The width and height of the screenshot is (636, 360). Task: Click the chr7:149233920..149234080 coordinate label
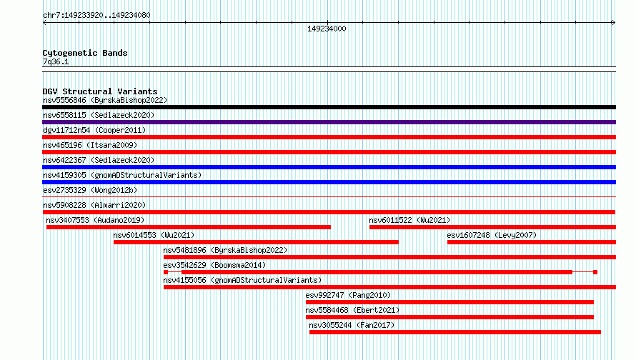point(96,15)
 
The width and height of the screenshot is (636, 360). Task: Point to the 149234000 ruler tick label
point(327,29)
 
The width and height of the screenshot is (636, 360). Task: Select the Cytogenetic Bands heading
point(85,53)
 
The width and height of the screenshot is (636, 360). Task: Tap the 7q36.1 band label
point(56,61)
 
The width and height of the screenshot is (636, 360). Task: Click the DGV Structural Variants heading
point(100,91)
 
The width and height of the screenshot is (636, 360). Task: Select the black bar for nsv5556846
point(329,107)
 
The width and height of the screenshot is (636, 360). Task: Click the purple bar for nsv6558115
point(329,122)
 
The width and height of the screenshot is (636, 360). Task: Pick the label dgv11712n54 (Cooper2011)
point(94,130)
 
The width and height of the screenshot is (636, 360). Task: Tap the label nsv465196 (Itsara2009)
point(90,145)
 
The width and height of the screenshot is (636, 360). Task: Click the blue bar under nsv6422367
point(329,167)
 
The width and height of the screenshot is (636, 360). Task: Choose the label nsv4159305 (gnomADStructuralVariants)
point(122,175)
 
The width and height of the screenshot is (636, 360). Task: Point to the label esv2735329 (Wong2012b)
point(90,190)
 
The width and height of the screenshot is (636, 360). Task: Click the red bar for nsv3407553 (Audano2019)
point(189,227)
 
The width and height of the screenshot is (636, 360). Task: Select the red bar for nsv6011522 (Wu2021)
point(492,227)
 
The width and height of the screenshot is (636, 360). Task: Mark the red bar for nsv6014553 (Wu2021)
point(256,242)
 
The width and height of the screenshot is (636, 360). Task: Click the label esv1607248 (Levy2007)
point(492,235)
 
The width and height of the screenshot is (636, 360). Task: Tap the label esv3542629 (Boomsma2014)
point(214,265)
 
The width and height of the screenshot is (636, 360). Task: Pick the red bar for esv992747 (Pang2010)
point(449,302)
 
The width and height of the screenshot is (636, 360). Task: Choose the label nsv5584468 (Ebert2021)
point(352,310)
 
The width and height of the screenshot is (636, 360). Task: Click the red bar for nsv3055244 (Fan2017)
point(454,332)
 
